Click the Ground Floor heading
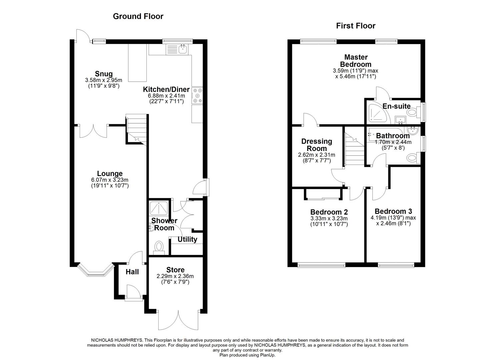click(138, 16)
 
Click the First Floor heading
click(356, 26)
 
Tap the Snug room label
click(104, 74)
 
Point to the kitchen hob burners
click(197, 95)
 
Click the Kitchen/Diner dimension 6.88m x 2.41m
click(166, 96)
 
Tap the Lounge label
click(110, 173)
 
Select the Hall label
click(132, 272)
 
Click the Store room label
click(175, 270)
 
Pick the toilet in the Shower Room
click(159, 248)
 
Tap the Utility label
click(187, 239)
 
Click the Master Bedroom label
click(356, 61)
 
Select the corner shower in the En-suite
click(378, 113)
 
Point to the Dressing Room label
click(317, 145)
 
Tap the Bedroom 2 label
click(329, 212)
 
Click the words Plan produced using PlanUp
click(247, 355)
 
